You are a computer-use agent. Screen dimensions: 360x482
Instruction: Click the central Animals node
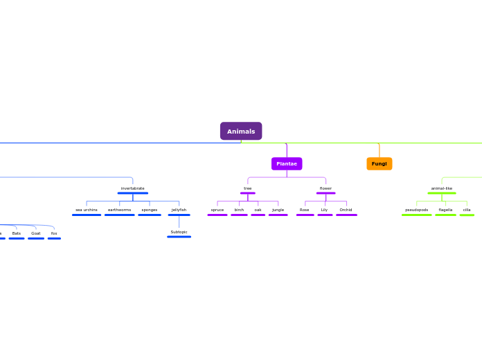(x=241, y=132)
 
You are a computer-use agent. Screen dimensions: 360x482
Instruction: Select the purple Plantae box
(x=287, y=163)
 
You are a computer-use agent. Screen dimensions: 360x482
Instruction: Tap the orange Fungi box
(x=379, y=163)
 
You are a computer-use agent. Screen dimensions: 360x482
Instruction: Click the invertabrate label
(x=132, y=188)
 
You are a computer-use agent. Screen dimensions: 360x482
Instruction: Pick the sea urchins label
(x=87, y=210)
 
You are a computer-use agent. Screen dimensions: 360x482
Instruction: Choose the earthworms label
(x=119, y=210)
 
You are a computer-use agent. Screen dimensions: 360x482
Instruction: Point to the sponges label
(x=150, y=210)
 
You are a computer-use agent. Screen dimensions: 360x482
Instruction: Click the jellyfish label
(x=179, y=210)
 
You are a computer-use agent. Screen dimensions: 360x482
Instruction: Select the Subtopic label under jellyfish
(x=179, y=232)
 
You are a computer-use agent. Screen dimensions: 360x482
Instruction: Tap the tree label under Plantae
(x=248, y=188)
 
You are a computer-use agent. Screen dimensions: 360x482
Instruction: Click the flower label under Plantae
(x=325, y=188)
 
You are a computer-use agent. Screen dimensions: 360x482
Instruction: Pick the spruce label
(x=217, y=210)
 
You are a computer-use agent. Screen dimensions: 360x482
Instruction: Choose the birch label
(x=239, y=210)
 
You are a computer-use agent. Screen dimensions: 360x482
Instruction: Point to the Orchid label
(x=346, y=210)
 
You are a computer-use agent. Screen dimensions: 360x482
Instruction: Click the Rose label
(x=305, y=210)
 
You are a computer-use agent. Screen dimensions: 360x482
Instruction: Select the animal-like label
(x=442, y=188)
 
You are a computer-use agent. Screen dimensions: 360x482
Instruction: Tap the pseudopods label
(x=417, y=210)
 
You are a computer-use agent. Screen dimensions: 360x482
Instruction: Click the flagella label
(x=445, y=210)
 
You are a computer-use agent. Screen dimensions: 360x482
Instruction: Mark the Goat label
(x=36, y=233)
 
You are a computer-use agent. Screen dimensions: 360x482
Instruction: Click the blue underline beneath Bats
(x=17, y=238)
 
